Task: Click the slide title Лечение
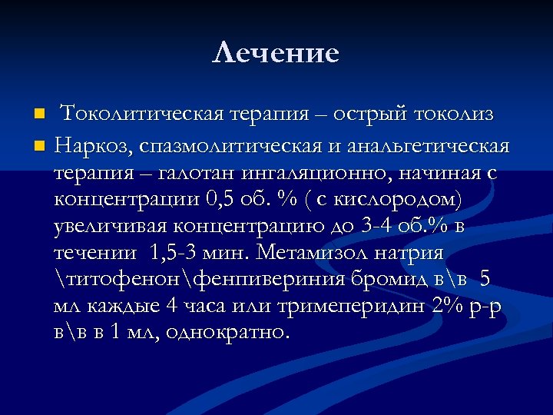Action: (x=276, y=53)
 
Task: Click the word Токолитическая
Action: (x=142, y=114)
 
